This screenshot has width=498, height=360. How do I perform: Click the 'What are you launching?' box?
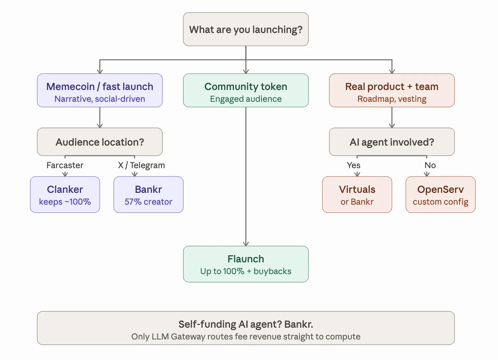click(x=246, y=29)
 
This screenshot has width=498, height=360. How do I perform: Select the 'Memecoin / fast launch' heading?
click(x=99, y=87)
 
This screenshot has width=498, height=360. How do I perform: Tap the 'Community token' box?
click(x=246, y=90)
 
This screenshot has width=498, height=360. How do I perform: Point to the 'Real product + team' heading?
click(x=392, y=87)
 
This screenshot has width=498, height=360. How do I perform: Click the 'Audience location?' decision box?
click(x=99, y=142)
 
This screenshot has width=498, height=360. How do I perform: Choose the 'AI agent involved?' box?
click(x=392, y=142)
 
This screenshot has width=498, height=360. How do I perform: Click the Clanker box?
click(x=65, y=195)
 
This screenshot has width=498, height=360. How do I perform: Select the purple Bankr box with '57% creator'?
click(x=148, y=195)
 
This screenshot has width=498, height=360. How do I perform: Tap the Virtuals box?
click(x=357, y=195)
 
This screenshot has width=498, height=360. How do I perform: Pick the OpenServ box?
click(x=440, y=195)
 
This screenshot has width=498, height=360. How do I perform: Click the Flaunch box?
click(x=246, y=264)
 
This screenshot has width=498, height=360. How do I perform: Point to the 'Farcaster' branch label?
click(x=65, y=165)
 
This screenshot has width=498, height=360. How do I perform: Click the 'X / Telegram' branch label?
click(x=142, y=165)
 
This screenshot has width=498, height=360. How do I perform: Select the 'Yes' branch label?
click(x=353, y=165)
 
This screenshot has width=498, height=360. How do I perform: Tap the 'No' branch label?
click(x=430, y=165)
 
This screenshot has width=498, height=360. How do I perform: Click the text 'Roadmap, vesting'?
click(x=392, y=99)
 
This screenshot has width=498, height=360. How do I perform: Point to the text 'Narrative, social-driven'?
click(x=99, y=99)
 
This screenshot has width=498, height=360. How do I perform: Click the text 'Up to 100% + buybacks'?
click(x=246, y=271)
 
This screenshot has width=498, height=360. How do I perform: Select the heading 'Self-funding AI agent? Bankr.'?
click(x=246, y=324)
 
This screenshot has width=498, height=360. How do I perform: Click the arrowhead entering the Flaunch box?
click(x=246, y=244)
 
